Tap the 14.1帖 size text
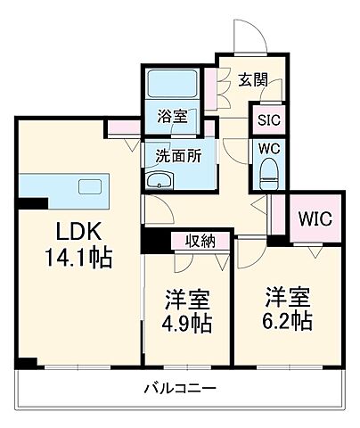79,259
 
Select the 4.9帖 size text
186,323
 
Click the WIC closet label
315,218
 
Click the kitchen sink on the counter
92,185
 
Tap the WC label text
266,148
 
